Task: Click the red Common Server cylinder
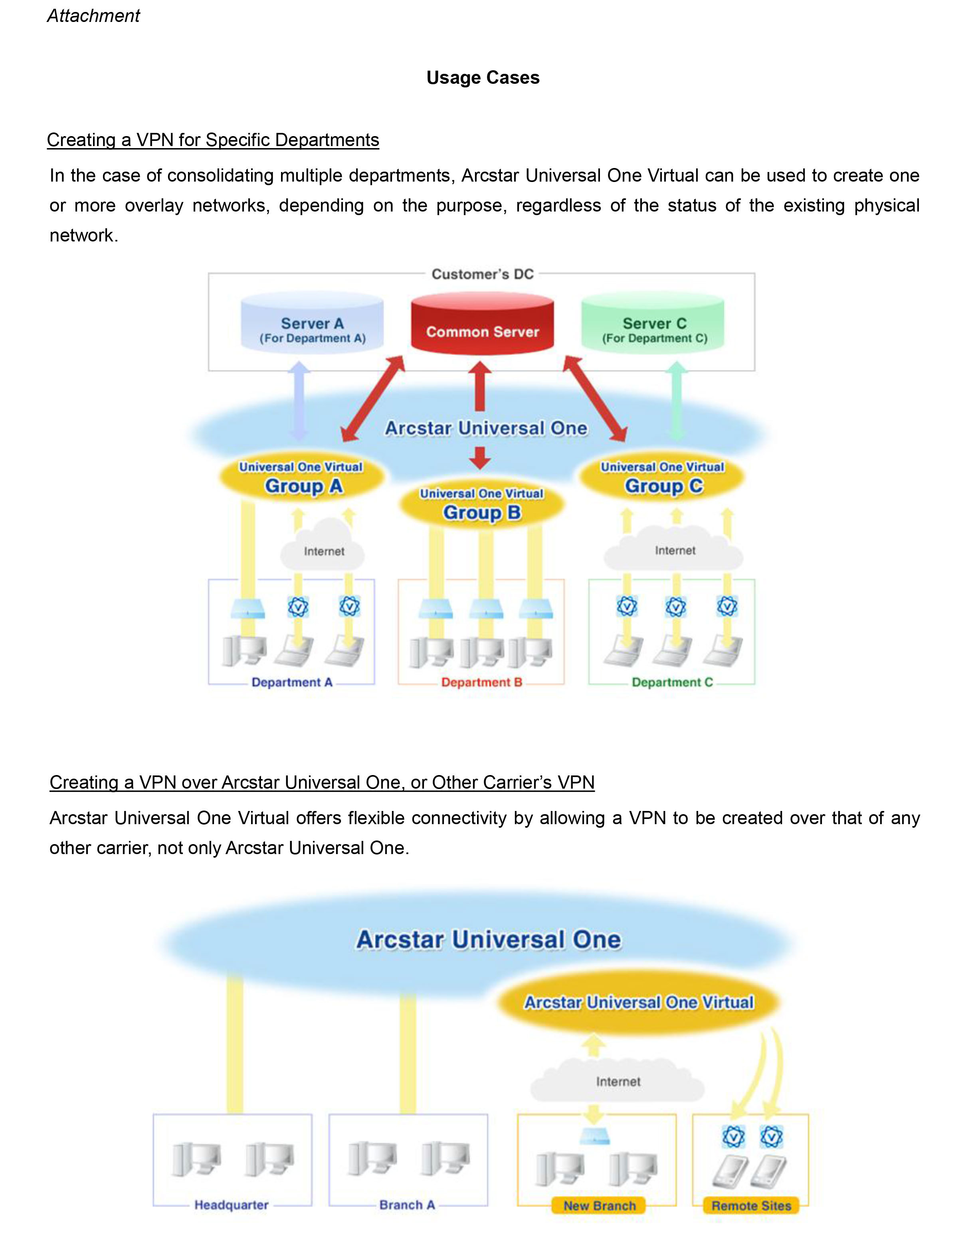point(482,325)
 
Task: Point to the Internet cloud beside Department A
point(323,548)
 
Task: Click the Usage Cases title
point(482,77)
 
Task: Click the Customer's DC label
point(482,274)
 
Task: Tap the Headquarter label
point(231,1204)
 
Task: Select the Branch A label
point(407,1204)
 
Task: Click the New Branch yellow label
point(599,1206)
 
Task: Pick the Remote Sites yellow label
point(751,1206)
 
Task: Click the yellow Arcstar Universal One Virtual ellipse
point(638,1002)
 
